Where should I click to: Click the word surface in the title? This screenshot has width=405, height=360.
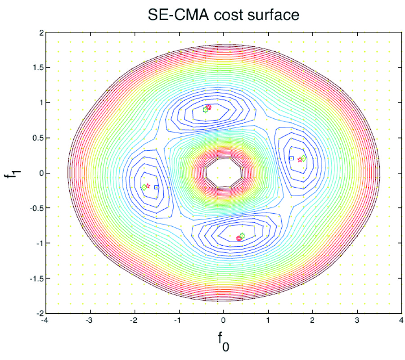(275, 15)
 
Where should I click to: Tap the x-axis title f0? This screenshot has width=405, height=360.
(224, 344)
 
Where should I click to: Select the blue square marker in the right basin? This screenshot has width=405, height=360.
(291, 158)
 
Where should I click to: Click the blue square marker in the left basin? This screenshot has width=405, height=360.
(157, 187)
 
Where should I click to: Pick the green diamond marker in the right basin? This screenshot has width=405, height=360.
(304, 158)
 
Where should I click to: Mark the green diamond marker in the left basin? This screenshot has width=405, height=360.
(144, 187)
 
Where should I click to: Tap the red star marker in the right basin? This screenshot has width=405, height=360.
(300, 160)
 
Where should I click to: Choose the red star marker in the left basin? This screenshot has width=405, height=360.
(148, 185)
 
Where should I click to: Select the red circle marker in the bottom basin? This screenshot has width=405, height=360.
(239, 238)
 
